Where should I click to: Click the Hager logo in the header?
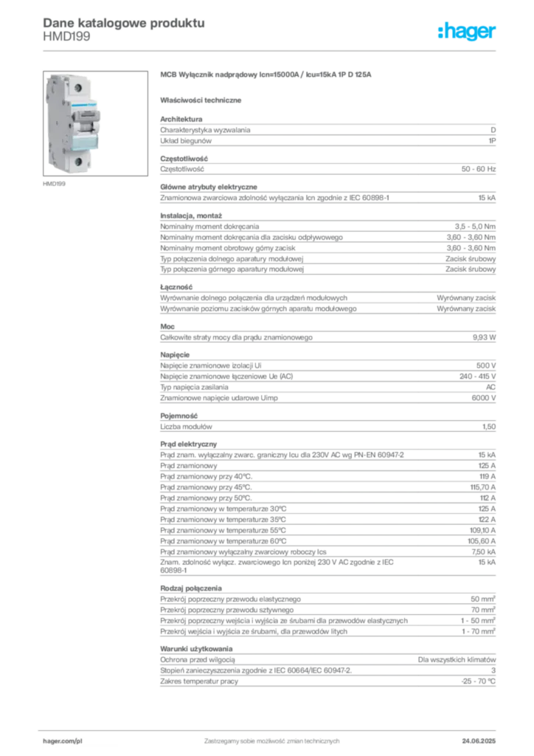pos(466,31)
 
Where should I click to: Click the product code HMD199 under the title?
pos(66,37)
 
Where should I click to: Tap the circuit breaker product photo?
pos(95,123)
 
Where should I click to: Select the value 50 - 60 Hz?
pos(478,169)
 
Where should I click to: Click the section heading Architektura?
pos(181,119)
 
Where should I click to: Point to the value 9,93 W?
pos(484,337)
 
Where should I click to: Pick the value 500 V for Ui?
pos(486,365)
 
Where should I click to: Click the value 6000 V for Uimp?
pos(483,398)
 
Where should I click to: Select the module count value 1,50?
pos(489,427)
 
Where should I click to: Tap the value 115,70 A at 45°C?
pos(482,487)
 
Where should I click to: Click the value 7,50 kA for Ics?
pos(483,552)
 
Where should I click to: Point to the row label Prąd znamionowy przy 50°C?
pos(206,498)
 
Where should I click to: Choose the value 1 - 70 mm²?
pos(478,631)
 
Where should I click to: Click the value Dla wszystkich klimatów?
pos(457,659)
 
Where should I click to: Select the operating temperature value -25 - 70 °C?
pos(478,681)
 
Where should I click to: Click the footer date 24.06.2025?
pos(479,741)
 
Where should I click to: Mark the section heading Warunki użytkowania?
pos(196,649)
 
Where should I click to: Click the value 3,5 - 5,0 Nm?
pos(475,227)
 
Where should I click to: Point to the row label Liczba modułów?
pos(186,427)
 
